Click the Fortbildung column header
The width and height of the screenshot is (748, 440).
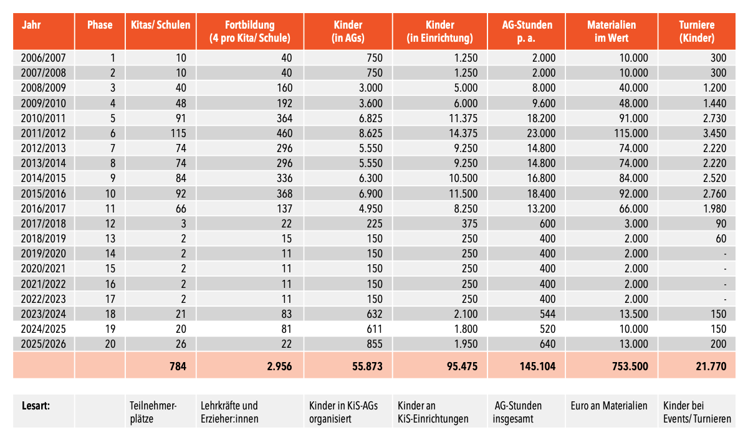250,31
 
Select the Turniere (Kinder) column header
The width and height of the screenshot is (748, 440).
696,31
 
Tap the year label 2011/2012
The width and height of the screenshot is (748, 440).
44,132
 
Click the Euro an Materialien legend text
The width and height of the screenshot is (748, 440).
608,406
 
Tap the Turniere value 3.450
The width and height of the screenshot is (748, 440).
714,132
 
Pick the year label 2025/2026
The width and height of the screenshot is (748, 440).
44,344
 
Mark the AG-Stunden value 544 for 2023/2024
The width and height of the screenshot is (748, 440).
547,314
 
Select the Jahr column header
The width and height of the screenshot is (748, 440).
31,26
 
